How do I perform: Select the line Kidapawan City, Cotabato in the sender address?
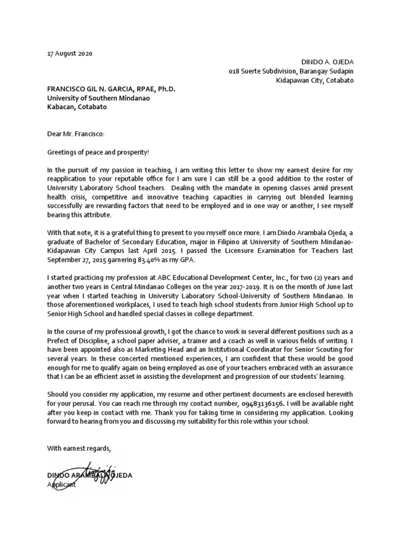315,80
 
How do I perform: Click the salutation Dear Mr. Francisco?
76,134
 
